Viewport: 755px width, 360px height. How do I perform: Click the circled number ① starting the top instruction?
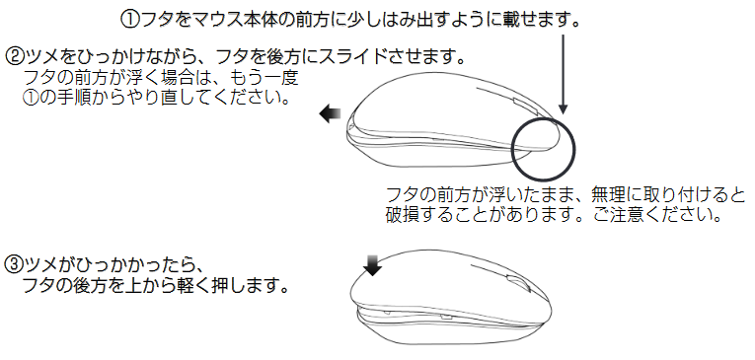tap(129, 19)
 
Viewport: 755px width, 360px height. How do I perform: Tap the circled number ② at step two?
tap(14, 53)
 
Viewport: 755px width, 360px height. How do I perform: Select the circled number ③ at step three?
tap(14, 264)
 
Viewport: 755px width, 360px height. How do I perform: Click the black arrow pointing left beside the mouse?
tap(330, 115)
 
